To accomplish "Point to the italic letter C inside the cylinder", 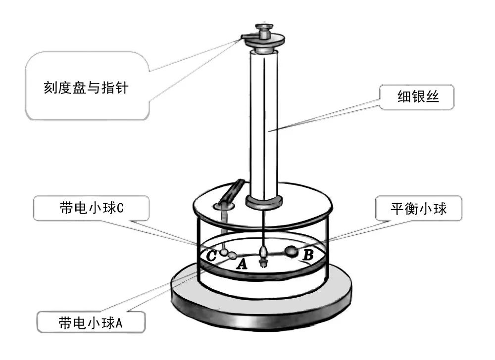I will click(211, 256).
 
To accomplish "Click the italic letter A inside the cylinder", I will click(242, 265).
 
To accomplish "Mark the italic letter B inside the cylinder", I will click(307, 256).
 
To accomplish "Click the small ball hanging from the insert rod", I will click(224, 253).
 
